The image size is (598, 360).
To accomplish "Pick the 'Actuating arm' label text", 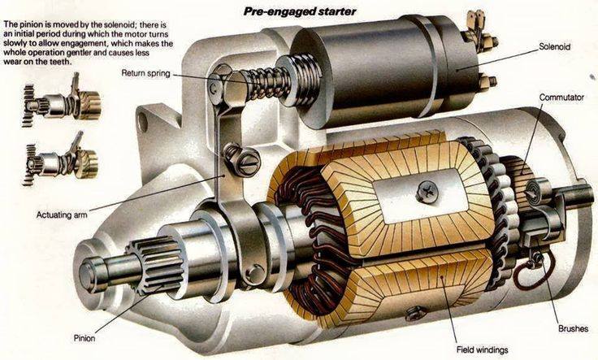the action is [x=63, y=215].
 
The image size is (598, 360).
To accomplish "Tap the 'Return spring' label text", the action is [x=147, y=72].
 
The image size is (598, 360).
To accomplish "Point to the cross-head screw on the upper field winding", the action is [x=426, y=193].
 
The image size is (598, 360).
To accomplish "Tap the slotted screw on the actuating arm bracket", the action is [x=233, y=153].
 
